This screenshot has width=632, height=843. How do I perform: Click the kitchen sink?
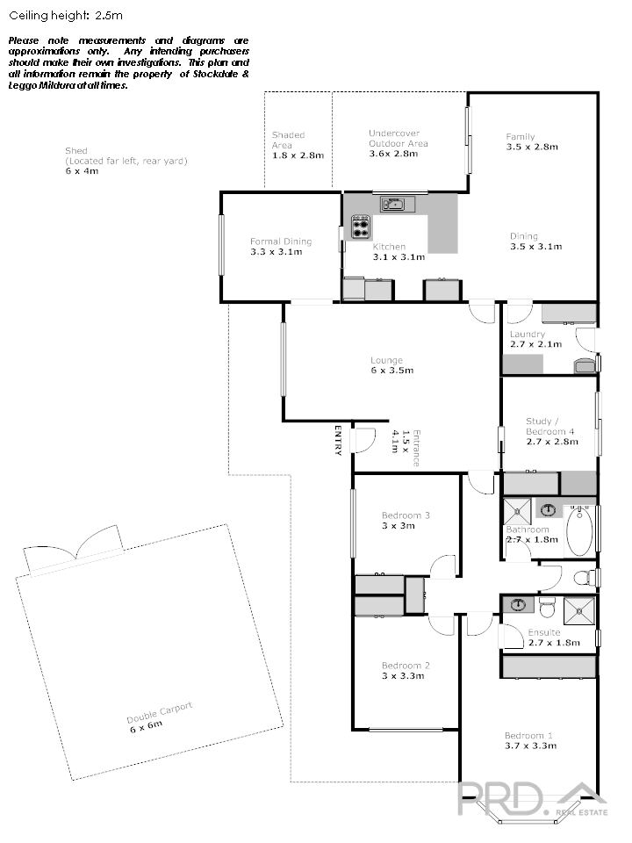[398, 204]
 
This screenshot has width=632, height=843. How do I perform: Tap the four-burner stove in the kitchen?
[361, 227]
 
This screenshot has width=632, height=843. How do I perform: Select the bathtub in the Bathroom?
[579, 530]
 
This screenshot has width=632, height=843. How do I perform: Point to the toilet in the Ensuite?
[546, 608]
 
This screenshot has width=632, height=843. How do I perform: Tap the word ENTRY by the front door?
[338, 440]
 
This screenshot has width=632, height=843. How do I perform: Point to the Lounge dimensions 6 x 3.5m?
[387, 371]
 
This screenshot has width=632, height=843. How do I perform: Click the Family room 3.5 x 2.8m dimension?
[532, 147]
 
